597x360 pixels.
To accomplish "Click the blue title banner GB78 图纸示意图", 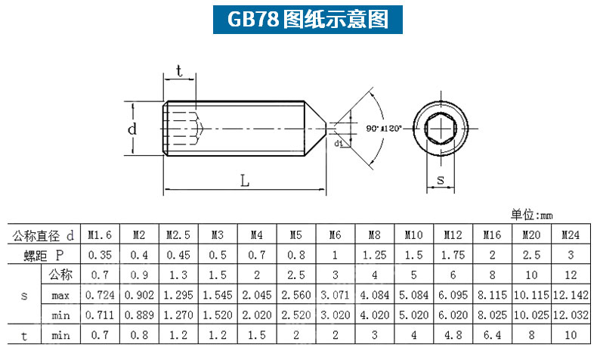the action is tap(308, 19).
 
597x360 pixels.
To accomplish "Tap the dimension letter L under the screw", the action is tap(244, 181).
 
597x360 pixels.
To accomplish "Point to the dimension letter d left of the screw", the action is tap(131, 129).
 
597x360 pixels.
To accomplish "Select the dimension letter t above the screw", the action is tap(179, 71).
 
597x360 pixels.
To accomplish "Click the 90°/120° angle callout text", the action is tap(384, 129).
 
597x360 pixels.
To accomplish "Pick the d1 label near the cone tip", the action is tap(339, 143).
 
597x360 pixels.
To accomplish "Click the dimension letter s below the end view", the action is tap(441, 179).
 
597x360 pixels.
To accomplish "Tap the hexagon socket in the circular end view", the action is tap(441, 129).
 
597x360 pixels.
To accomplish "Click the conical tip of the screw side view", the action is tap(315, 129).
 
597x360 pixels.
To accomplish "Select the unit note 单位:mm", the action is tap(531, 215).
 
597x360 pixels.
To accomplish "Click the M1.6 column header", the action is tap(100, 234).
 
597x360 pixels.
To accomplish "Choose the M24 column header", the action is tap(571, 234).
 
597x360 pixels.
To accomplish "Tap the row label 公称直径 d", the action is tap(43, 236).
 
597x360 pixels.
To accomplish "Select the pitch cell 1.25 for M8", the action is tap(374, 255).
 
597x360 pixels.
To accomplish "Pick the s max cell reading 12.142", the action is tap(571, 295).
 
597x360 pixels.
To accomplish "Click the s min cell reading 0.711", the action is tap(100, 315).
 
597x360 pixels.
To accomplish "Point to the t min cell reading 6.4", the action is tap(492, 335).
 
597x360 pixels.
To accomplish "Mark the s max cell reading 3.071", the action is tap(335, 295).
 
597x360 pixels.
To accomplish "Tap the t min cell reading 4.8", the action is tap(453, 335).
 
